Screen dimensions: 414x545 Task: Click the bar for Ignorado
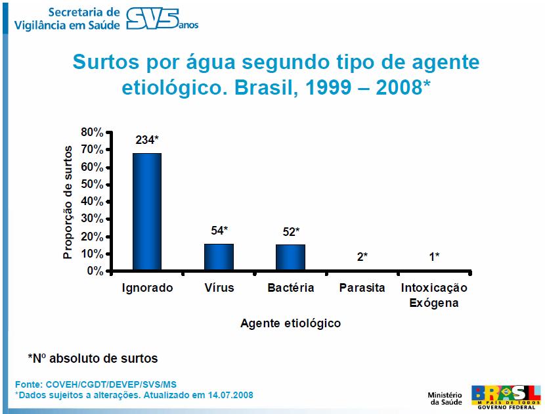[147, 212]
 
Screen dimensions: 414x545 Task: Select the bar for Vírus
[219, 257]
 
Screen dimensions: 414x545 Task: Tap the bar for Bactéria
[290, 258]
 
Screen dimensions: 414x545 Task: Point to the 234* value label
[147, 140]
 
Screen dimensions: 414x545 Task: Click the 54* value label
[219, 231]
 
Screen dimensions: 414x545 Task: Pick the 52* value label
[290, 231]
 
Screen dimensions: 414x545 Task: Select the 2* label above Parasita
[362, 257]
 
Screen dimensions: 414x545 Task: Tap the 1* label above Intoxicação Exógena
[434, 257]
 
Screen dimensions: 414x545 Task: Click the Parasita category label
[362, 288]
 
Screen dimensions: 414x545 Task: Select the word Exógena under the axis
[434, 303]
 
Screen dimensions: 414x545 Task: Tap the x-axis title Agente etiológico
[290, 323]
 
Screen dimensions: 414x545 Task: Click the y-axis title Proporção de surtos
[68, 202]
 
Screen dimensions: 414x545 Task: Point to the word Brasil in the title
[313, 89]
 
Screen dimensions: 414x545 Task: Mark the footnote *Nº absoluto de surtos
[93, 359]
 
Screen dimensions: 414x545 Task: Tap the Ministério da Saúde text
[446, 398]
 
